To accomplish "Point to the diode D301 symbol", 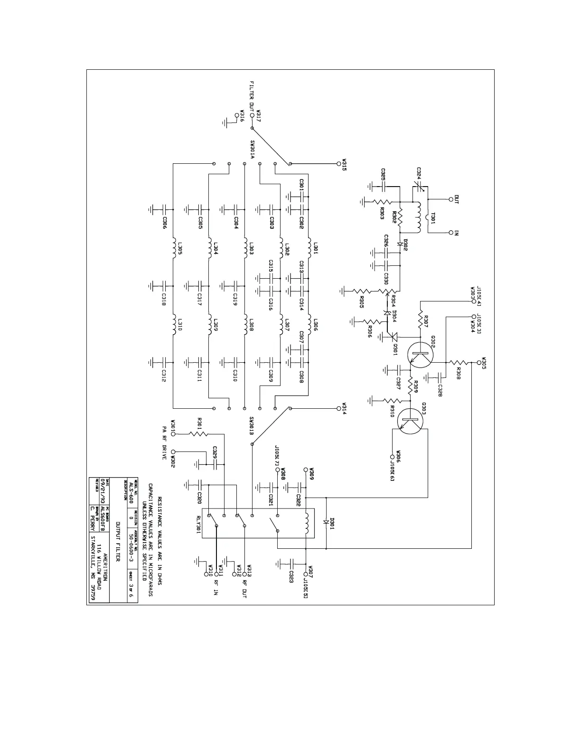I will [x=326, y=522].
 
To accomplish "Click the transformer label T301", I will [x=434, y=217].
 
